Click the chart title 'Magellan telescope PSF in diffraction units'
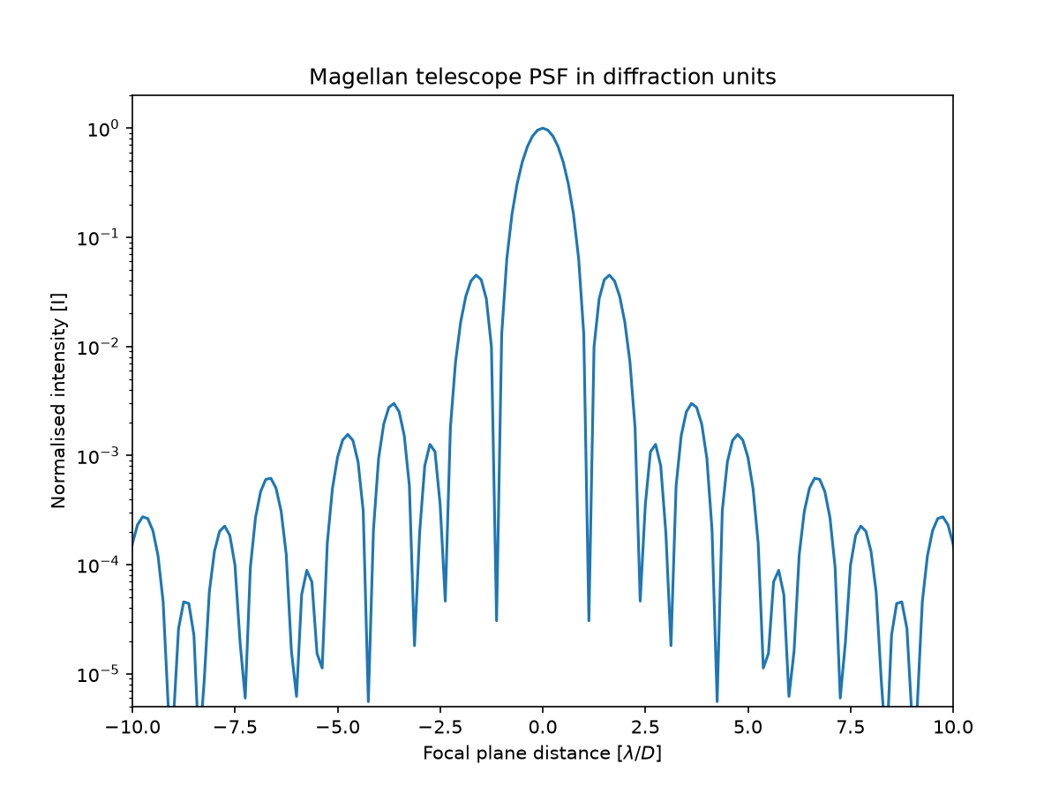tap(542, 77)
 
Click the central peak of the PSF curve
tap(543, 128)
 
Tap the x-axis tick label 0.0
tap(543, 726)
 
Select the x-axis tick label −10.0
tap(132, 726)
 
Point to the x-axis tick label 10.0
tap(953, 726)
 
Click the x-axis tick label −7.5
tap(235, 726)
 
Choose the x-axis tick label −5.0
tap(338, 726)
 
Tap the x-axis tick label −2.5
tap(440, 726)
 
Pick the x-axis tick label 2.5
tap(645, 726)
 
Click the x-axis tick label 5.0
tap(747, 726)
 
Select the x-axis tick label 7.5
tap(850, 726)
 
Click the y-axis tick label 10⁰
tap(102, 129)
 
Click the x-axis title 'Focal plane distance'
tap(517, 753)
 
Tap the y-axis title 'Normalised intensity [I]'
tap(58, 401)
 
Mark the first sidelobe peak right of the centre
tap(609, 276)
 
